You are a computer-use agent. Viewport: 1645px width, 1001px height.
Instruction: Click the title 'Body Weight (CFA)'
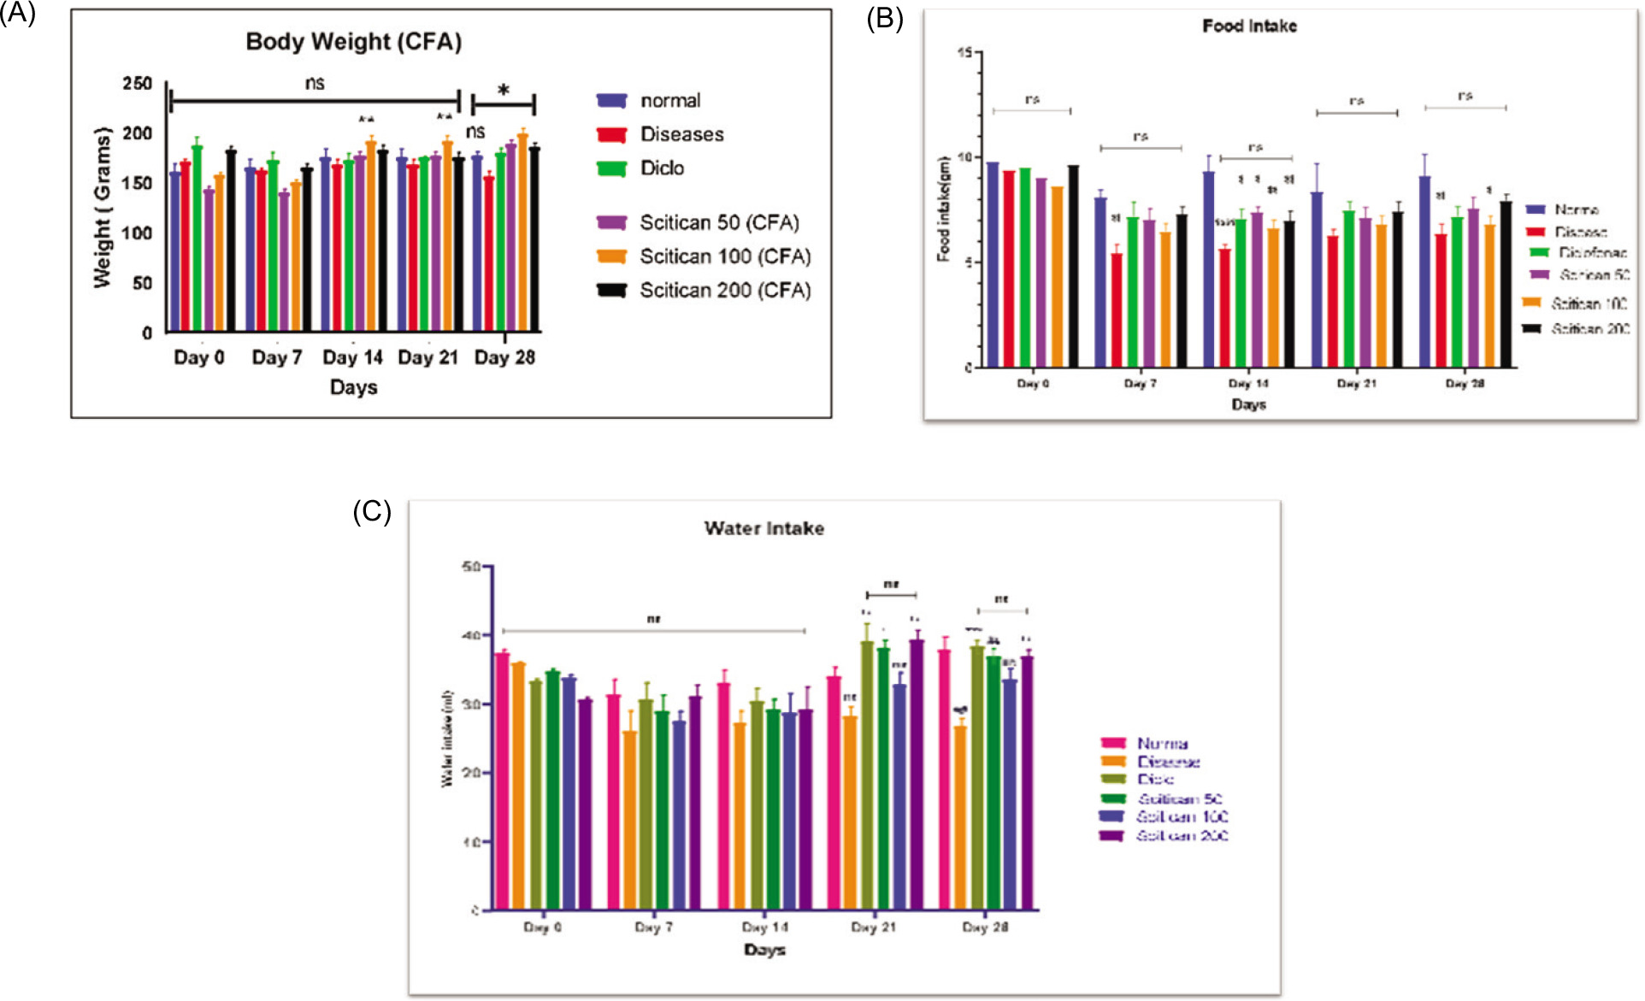tap(353, 42)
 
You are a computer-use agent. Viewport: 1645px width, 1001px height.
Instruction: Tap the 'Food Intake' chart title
tap(1249, 26)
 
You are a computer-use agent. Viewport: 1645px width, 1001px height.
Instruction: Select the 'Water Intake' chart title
tap(764, 528)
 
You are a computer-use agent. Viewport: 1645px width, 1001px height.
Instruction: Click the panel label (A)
tap(18, 14)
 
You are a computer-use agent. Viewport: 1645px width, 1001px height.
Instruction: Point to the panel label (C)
tap(372, 511)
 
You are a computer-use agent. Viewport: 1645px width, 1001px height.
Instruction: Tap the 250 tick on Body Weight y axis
tap(137, 84)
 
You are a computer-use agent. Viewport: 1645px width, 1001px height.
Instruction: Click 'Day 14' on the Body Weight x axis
tap(352, 357)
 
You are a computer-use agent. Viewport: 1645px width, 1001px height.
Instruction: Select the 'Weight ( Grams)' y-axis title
tap(103, 208)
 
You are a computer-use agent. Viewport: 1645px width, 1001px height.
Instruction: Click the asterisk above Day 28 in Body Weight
tap(504, 91)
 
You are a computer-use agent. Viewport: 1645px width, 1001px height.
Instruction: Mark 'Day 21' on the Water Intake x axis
tap(873, 927)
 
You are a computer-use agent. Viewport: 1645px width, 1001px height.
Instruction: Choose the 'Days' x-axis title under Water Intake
tap(764, 950)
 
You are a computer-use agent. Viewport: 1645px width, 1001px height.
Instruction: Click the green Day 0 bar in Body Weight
tap(198, 238)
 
